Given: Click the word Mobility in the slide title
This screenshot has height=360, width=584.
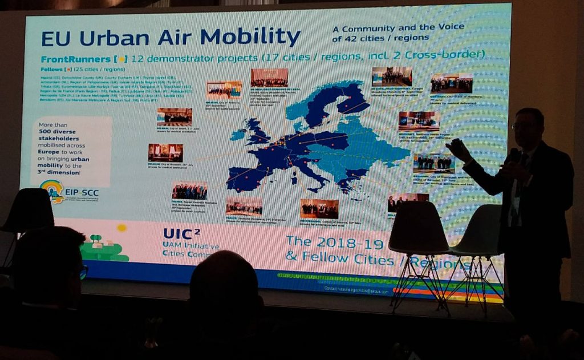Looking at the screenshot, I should pos(250,37).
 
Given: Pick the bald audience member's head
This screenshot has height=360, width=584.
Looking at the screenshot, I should pos(223,282).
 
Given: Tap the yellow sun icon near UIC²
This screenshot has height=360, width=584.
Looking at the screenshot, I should pos(121,228).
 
